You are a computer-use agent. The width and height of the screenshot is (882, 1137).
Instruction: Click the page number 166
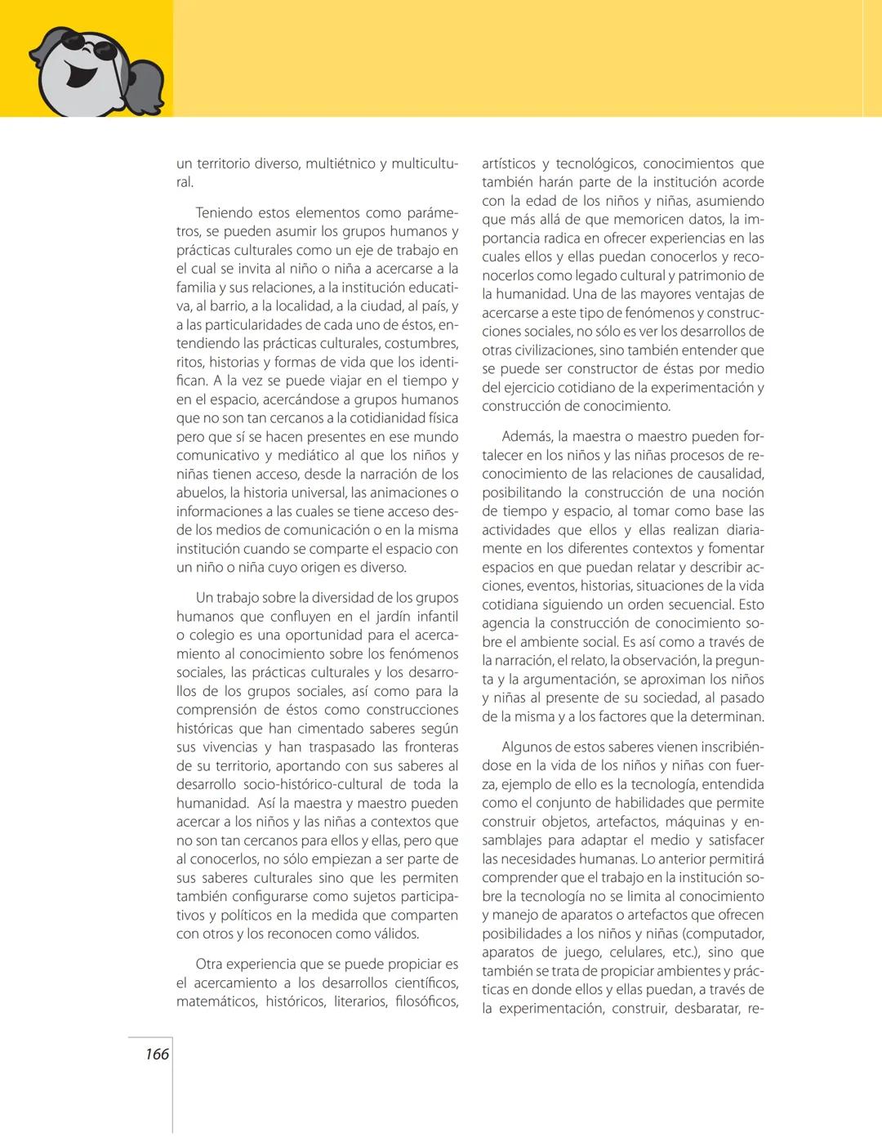coord(157,1054)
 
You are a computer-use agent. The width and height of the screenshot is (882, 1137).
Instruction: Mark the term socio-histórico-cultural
coord(318,784)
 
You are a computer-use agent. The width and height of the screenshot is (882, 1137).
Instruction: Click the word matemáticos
coord(215,1001)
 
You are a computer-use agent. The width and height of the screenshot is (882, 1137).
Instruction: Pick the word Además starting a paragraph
coord(527,436)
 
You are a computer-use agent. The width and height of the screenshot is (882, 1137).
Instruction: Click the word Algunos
coord(528,747)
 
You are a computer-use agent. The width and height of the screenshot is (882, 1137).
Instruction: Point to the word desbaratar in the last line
coord(697,1008)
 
